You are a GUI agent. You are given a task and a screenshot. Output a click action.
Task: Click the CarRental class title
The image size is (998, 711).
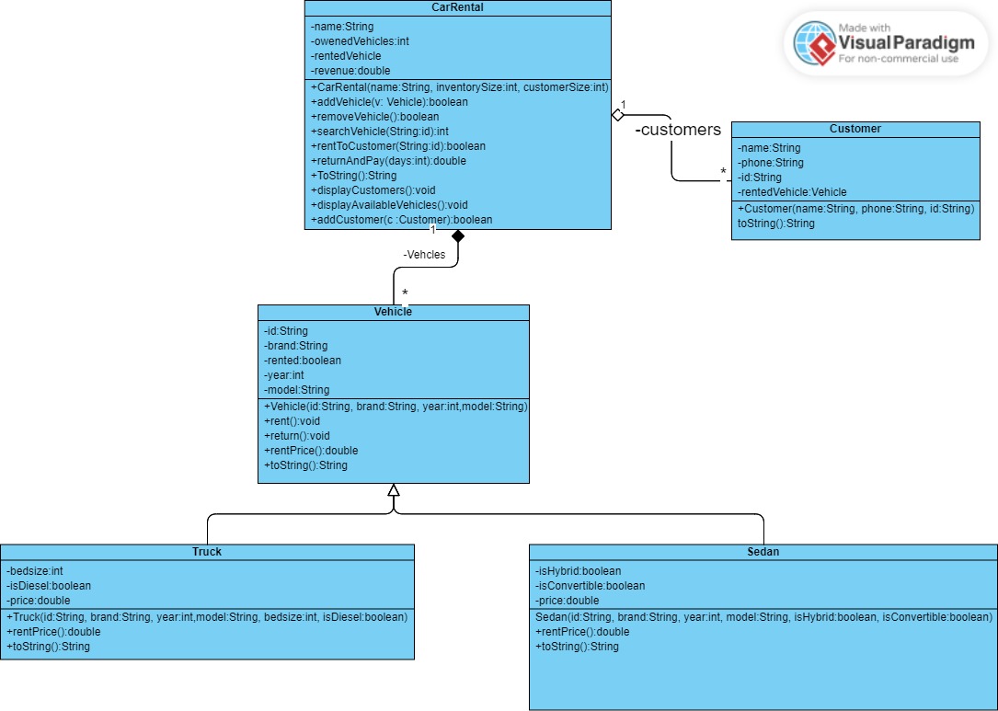457,7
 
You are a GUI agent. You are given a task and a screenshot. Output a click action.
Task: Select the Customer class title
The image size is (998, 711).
855,129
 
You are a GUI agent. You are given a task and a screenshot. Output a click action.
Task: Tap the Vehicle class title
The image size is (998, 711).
393,312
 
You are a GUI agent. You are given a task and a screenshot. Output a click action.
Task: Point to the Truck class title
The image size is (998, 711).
207,552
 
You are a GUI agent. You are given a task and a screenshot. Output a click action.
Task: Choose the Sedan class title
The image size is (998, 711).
763,552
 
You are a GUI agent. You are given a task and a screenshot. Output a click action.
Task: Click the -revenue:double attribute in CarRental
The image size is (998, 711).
350,71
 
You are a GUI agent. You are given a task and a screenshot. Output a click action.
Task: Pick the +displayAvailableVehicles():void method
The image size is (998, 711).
389,205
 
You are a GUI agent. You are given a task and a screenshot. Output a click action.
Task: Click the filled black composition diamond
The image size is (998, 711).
457,237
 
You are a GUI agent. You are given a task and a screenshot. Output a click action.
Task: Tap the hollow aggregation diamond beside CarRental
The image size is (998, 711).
618,115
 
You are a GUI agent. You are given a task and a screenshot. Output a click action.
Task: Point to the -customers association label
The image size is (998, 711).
678,130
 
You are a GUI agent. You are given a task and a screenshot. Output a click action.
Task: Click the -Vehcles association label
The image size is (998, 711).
424,255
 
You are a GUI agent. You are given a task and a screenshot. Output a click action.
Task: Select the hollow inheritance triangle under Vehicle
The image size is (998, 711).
394,490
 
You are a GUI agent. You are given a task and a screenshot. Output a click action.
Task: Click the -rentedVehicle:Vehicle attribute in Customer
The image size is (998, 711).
792,192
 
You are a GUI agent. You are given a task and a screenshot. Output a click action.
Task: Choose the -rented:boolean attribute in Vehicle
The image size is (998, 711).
303,361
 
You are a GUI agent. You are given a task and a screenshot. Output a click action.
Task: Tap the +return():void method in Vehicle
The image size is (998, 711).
297,436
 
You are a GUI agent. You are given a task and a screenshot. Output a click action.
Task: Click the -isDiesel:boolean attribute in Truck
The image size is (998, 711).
49,586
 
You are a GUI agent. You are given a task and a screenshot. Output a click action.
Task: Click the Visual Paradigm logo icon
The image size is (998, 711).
813,42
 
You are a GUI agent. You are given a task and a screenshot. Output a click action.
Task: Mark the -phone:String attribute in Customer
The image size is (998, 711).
771,163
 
